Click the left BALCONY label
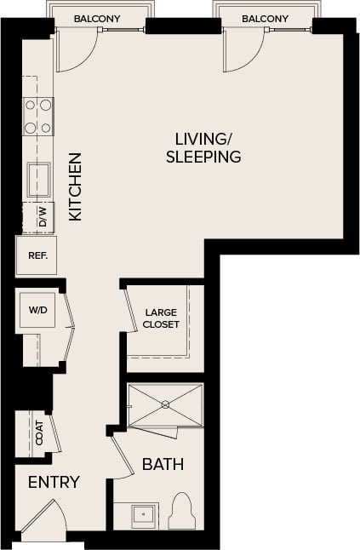(x=96, y=18)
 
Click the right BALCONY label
(x=264, y=18)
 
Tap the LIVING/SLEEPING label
(x=203, y=147)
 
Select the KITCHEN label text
(x=75, y=186)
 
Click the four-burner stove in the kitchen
(x=38, y=117)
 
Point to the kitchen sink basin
(x=38, y=180)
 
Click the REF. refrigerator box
(x=37, y=255)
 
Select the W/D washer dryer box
(x=37, y=311)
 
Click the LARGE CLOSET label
(x=160, y=318)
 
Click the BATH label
(x=163, y=465)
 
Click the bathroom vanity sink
(x=142, y=514)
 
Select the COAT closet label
(x=37, y=432)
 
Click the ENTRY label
(x=54, y=483)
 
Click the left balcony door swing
(x=71, y=53)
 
